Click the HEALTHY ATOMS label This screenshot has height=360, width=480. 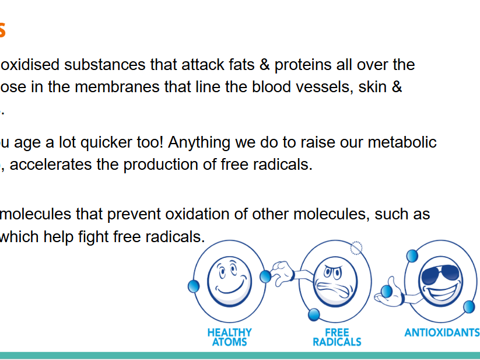[x=230, y=337]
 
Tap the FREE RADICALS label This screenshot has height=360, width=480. [x=337, y=337]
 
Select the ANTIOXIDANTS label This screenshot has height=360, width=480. [x=442, y=333]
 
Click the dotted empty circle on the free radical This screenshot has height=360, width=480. [x=356, y=248]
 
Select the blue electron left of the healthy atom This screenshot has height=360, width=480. [x=194, y=286]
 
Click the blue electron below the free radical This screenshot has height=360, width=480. [x=314, y=314]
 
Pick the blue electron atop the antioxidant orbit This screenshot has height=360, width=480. [x=412, y=255]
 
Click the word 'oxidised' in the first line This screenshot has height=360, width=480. [x=29, y=64]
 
